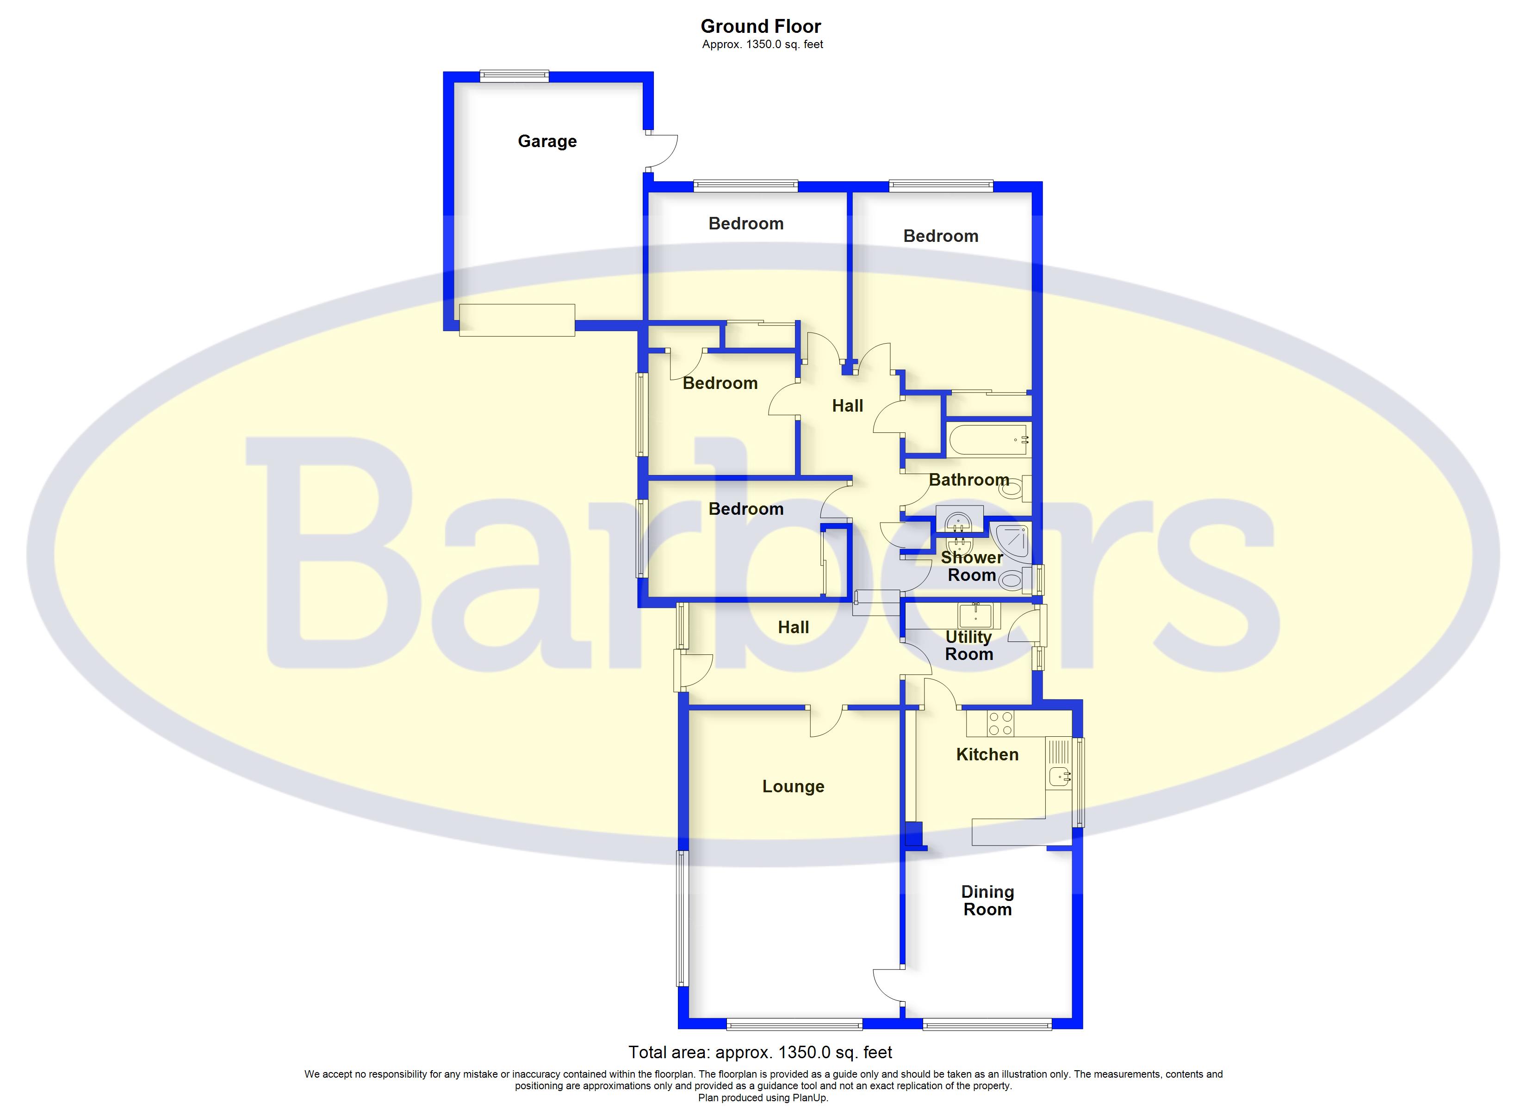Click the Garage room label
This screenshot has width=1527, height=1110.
pos(546,142)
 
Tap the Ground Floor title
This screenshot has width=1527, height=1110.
pos(761,26)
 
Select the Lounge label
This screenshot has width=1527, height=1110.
pos(793,786)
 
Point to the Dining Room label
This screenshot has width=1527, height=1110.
pos(987,900)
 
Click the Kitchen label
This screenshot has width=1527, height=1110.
pos(987,755)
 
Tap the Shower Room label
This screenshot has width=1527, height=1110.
pos(972,566)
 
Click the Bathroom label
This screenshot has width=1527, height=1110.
pos(969,480)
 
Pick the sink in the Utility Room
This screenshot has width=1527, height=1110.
pos(975,615)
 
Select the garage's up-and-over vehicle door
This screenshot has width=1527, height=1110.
pos(517,320)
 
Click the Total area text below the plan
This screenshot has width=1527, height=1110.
pos(760,1052)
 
